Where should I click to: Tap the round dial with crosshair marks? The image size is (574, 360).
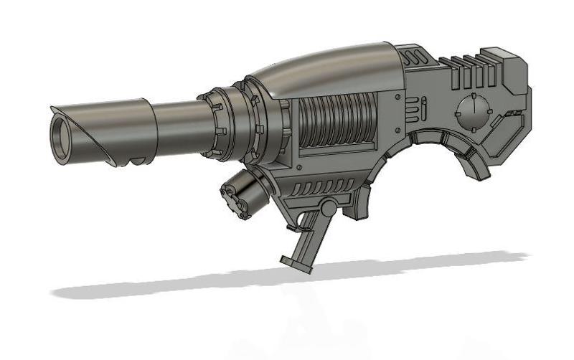[x=474, y=112]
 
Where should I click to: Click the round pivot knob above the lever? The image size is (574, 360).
[x=327, y=208]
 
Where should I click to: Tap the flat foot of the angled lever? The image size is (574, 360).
[x=295, y=263]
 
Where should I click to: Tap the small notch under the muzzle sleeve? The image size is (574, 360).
[x=132, y=162]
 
